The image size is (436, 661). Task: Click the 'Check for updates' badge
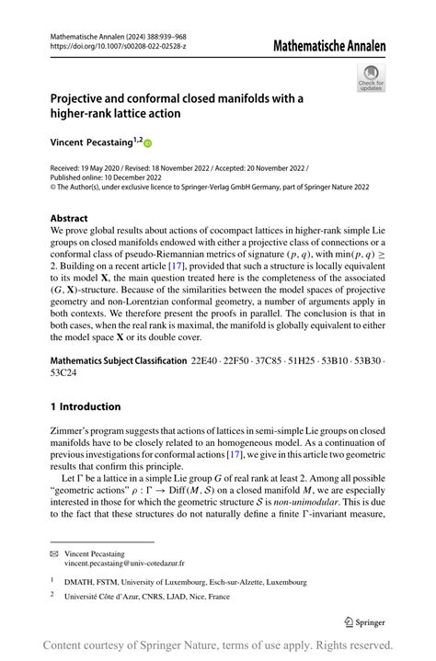pos(370,78)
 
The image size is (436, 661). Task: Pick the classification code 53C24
pos(64,373)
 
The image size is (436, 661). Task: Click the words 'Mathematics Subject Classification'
pos(119,360)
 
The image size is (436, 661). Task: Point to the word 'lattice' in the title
pos(151,114)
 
